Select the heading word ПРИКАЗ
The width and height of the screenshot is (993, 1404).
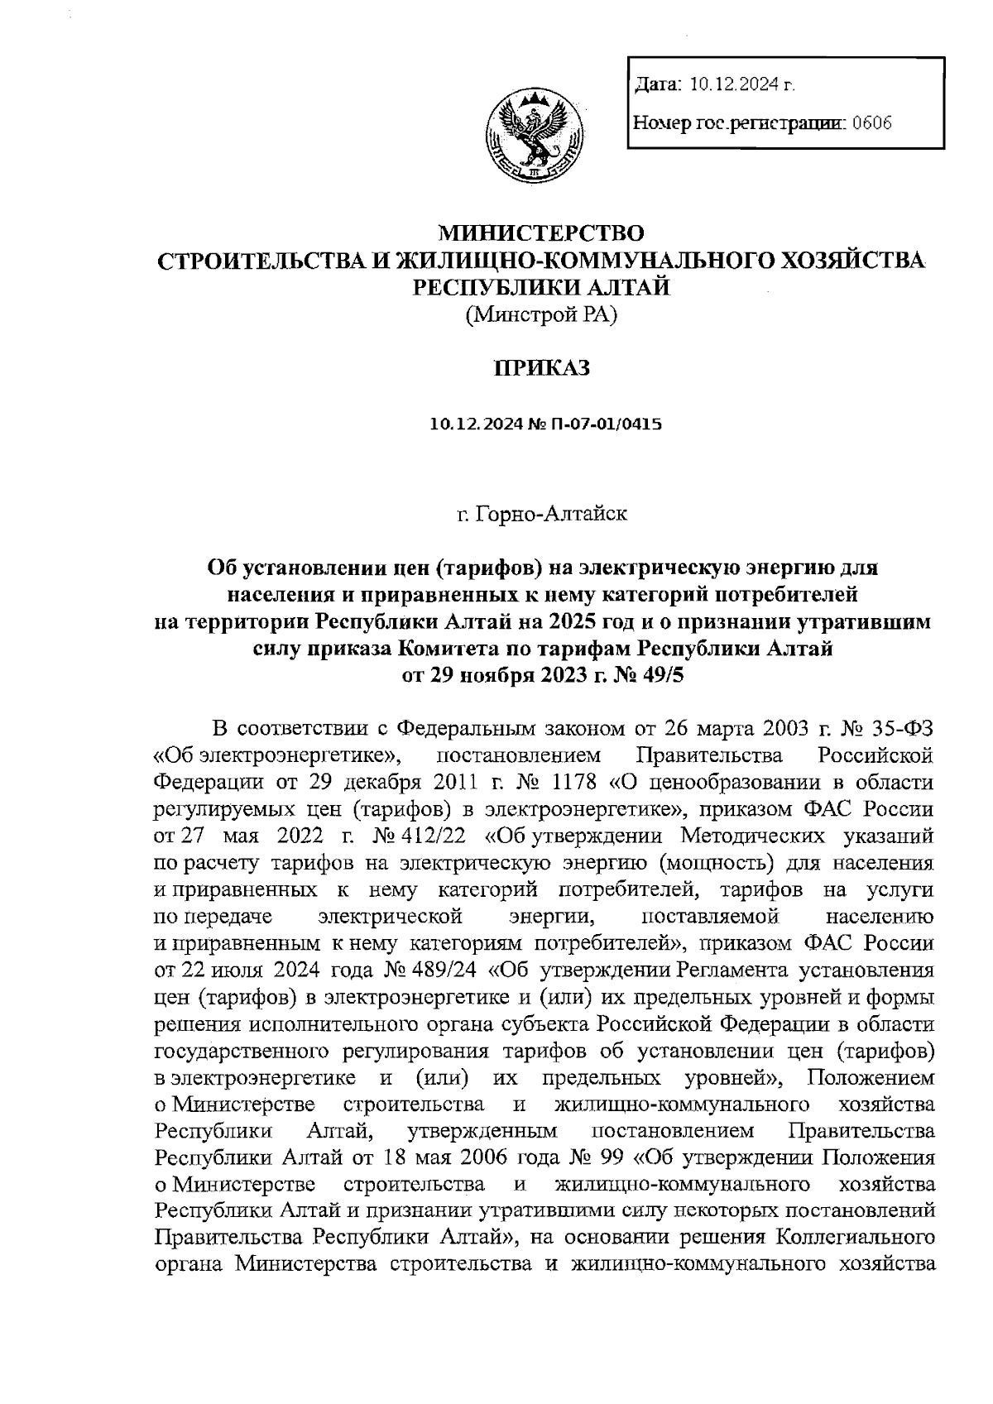click(542, 368)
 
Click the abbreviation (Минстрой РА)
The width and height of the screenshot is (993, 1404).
click(542, 314)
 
